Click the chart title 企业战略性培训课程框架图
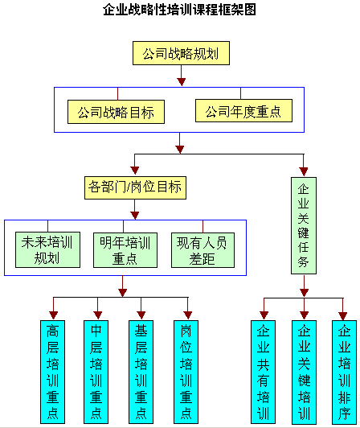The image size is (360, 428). tap(179, 10)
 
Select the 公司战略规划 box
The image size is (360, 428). tap(181, 53)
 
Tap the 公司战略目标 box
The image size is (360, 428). tap(116, 112)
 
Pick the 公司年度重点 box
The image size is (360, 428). tap(243, 110)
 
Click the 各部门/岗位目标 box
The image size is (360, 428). tap(135, 187)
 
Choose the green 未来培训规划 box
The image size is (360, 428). tap(47, 249)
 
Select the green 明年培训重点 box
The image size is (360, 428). tap(125, 250)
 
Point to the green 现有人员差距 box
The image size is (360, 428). tap(202, 250)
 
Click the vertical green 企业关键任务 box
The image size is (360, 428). tap(304, 225)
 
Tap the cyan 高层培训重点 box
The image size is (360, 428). tap(53, 372)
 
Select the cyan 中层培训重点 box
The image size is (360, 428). tap(96, 372)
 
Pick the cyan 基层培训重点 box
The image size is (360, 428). tap(141, 372)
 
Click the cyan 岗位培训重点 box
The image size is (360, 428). tap(186, 372)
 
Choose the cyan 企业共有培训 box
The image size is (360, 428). tap(264, 372)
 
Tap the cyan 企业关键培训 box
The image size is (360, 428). tap(304, 372)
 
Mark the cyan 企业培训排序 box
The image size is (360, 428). tap(344, 372)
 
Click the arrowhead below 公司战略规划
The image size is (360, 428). tap(182, 81)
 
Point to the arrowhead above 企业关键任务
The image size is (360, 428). tap(304, 171)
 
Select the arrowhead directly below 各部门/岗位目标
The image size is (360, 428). tap(135, 215)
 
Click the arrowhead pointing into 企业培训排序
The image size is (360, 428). tap(343, 316)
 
